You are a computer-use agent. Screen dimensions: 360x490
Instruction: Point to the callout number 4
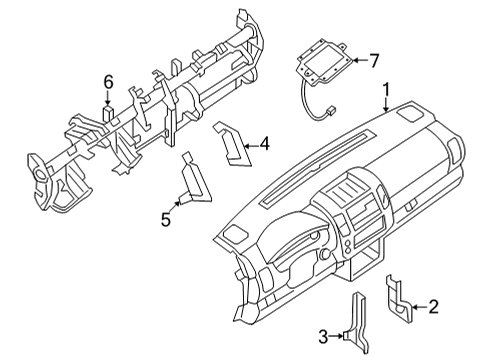click(x=264, y=144)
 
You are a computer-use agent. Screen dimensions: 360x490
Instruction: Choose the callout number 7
click(x=374, y=61)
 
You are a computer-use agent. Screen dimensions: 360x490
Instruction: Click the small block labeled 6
click(x=112, y=112)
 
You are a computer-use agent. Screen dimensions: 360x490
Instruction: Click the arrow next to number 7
click(x=357, y=61)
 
